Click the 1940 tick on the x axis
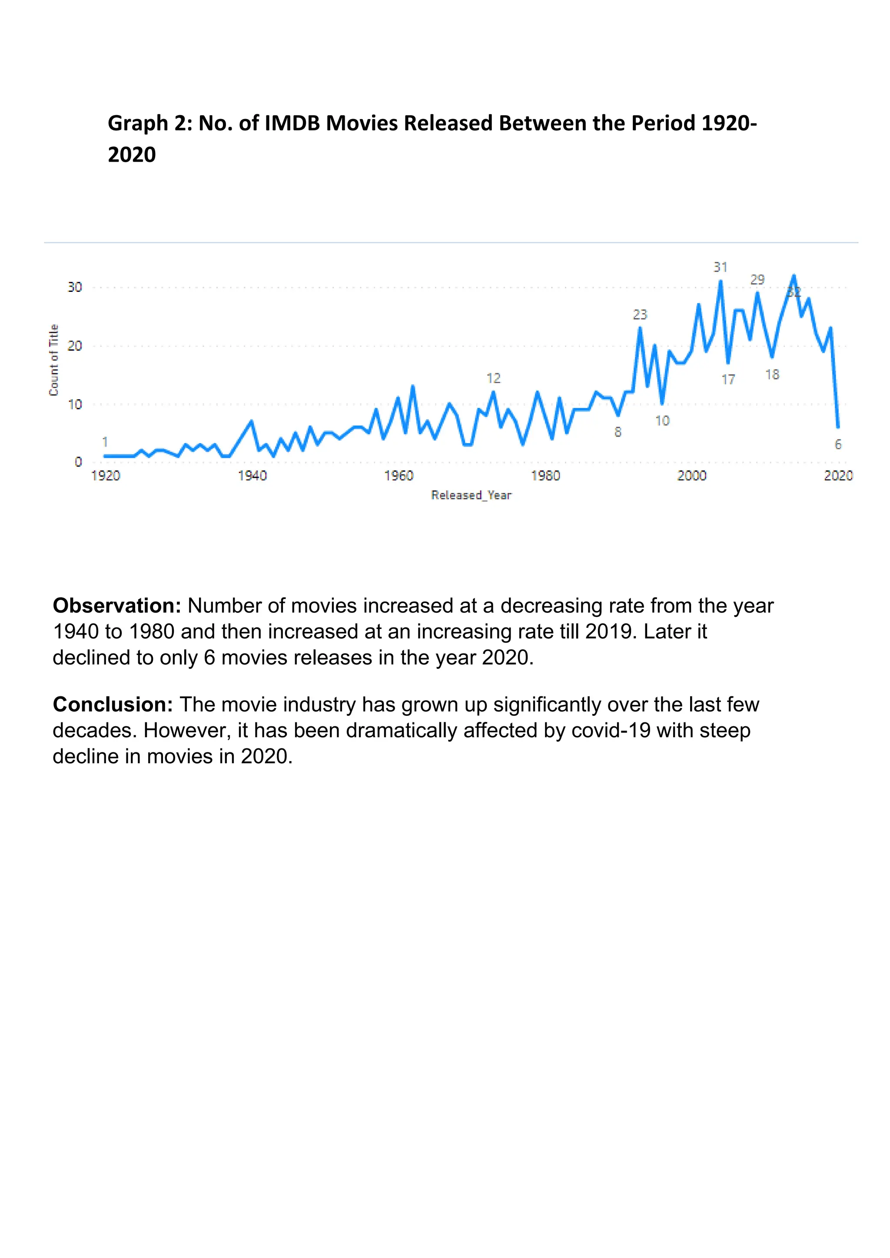(x=252, y=476)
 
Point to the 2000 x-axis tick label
(x=691, y=476)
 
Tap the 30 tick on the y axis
(x=75, y=287)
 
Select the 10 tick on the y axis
(x=75, y=404)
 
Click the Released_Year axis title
(x=472, y=495)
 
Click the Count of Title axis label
(x=54, y=360)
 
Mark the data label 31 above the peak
(x=720, y=268)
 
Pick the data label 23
(x=640, y=314)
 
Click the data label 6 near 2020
(x=838, y=444)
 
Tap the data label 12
(x=493, y=378)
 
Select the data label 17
(x=728, y=379)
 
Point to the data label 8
(x=618, y=432)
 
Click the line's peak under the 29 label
(x=757, y=293)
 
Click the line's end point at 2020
(x=838, y=427)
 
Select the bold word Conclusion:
(x=113, y=705)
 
